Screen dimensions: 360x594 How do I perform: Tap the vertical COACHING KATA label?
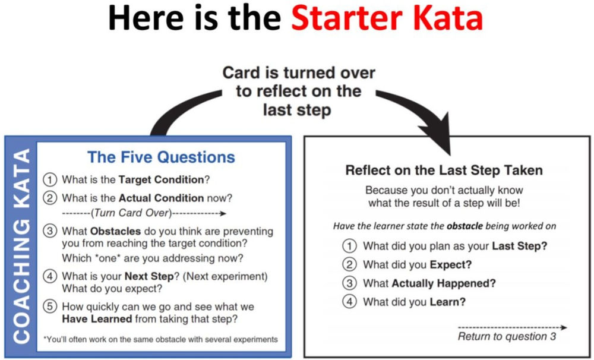point(21,246)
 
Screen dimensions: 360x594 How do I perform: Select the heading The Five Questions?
point(161,157)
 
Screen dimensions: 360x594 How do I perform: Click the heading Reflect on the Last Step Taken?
point(444,170)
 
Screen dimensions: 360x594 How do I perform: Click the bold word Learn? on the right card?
point(447,302)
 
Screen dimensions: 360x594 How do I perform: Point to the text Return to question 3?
point(507,337)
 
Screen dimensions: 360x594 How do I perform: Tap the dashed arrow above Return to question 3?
point(512,327)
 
